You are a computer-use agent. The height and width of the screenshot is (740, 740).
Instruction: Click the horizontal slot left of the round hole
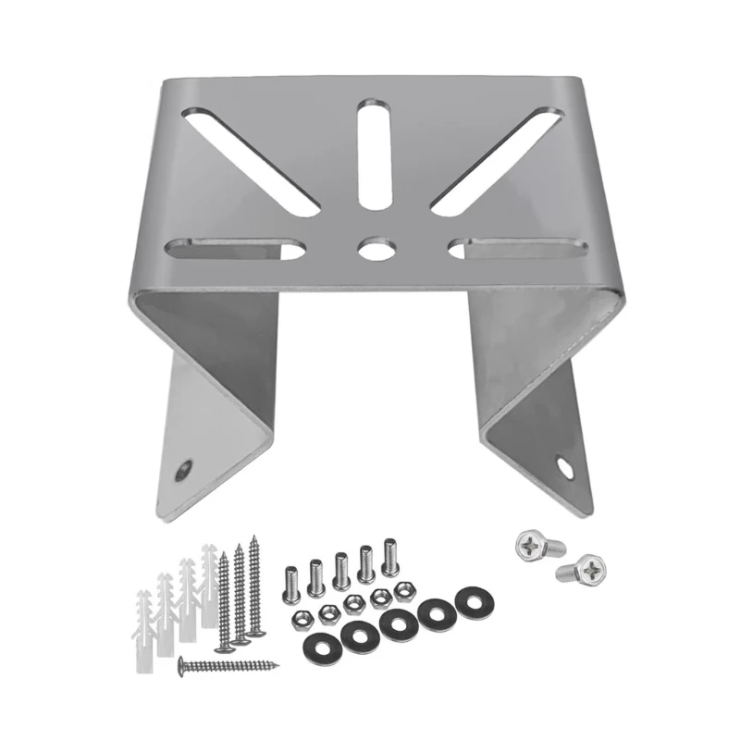(235, 248)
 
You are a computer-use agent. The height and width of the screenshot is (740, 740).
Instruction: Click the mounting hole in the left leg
(186, 470)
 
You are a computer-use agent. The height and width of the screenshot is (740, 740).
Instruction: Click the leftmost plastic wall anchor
(144, 620)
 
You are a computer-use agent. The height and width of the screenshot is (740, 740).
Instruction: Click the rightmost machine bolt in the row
(390, 556)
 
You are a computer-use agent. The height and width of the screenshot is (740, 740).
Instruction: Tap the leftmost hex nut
(300, 620)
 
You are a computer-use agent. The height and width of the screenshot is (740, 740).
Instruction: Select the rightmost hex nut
(402, 588)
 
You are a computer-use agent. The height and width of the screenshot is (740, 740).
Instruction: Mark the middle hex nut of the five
(351, 603)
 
